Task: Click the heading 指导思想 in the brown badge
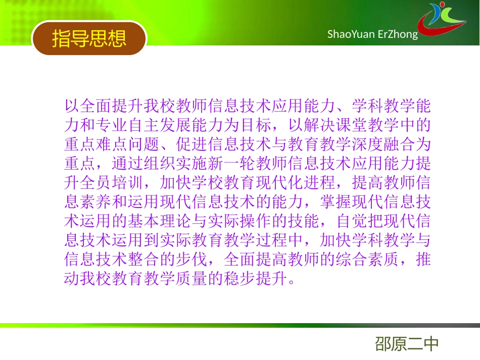click(x=89, y=38)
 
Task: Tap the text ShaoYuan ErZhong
click(x=372, y=34)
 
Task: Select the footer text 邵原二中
click(x=407, y=344)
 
